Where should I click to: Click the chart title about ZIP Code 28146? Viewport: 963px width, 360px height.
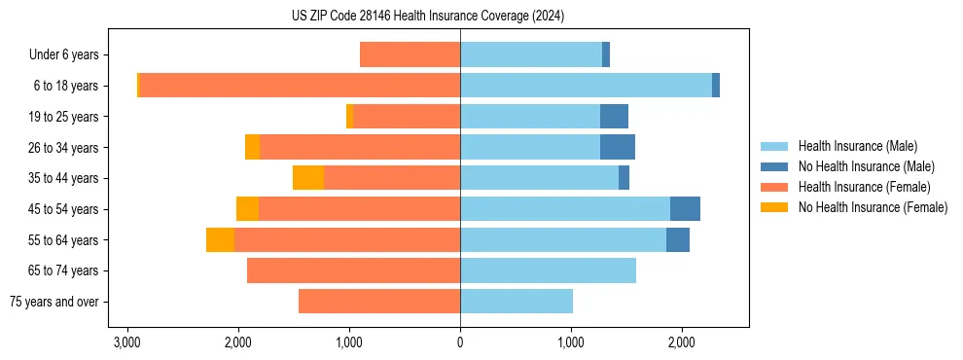click(x=427, y=17)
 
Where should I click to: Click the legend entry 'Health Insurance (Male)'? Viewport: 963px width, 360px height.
click(x=857, y=146)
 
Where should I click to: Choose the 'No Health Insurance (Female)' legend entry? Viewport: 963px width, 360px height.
click(x=873, y=207)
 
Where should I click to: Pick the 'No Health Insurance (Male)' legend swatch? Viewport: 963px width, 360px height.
click(x=774, y=166)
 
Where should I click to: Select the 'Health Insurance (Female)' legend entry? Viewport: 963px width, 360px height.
click(x=864, y=187)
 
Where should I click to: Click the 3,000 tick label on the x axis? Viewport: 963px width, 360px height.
click(x=126, y=342)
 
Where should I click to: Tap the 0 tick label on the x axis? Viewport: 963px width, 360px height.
click(x=460, y=342)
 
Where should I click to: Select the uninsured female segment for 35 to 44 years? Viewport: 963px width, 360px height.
click(x=307, y=178)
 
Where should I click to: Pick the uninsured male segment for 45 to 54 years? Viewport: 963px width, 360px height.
click(x=685, y=209)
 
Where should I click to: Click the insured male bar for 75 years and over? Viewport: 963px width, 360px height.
click(x=517, y=302)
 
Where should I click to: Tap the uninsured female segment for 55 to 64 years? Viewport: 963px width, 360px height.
click(x=220, y=240)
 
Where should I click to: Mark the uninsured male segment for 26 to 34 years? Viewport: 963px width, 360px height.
click(x=618, y=147)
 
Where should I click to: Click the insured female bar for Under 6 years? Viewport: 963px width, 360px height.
click(x=410, y=54)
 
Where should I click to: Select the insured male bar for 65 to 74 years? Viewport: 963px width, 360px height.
click(x=548, y=270)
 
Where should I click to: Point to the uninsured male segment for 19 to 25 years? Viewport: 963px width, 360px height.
click(x=614, y=117)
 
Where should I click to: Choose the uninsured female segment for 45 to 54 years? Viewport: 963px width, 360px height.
click(x=247, y=209)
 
